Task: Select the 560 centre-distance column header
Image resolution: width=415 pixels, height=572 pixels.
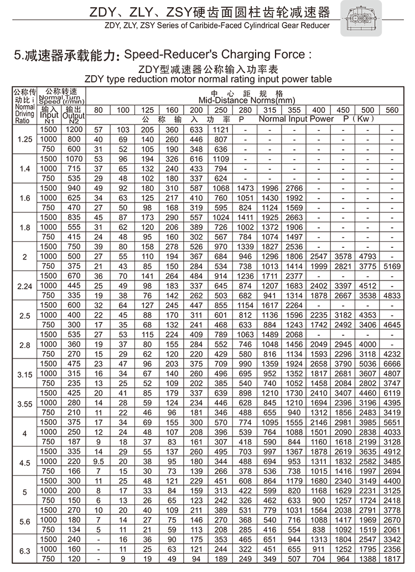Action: pos(391,110)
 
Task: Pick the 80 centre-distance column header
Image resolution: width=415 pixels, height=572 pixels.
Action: pos(98,110)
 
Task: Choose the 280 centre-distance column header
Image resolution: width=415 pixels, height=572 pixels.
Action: pos(245,110)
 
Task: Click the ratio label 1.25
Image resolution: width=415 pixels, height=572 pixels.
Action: pos(24,139)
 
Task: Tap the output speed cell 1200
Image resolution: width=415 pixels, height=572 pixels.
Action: pos(74,129)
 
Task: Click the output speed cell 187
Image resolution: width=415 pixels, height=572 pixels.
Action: pos(74,442)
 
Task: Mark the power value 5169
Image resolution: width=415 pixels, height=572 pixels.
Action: pos(391,266)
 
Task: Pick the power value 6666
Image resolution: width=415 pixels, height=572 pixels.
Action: pos(391,363)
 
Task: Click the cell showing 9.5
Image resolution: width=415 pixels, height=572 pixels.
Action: pos(98,461)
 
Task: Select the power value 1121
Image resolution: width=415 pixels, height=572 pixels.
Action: pos(221,129)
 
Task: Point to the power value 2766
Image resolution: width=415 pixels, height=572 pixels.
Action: pos(294,188)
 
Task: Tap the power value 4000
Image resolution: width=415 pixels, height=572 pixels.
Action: pos(367,344)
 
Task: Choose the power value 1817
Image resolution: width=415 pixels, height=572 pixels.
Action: pos(391,559)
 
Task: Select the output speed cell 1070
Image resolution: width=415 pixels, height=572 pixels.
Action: pos(74,159)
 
